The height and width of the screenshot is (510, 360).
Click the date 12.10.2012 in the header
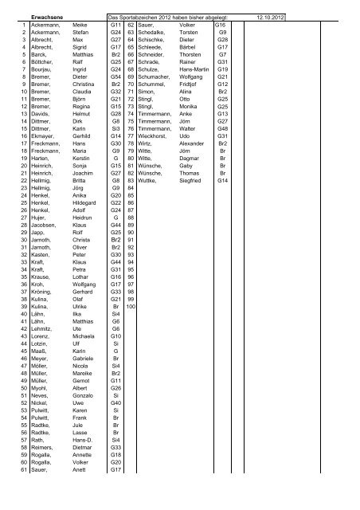[x=271, y=15]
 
